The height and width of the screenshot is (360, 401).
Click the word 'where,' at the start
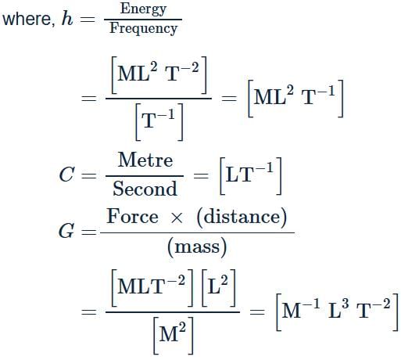tap(29, 19)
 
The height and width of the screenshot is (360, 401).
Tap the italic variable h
tap(67, 18)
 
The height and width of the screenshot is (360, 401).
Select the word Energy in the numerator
tap(143, 9)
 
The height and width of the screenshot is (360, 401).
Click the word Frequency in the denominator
tap(143, 28)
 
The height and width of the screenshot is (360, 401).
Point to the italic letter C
tap(66, 175)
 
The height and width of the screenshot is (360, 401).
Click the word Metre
tap(145, 160)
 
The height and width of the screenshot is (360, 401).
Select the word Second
tap(145, 189)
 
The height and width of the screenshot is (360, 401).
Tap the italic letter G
tap(66, 231)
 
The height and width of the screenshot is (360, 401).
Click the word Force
tap(133, 216)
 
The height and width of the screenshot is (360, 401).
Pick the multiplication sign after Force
tap(177, 218)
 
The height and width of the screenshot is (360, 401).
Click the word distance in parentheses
tap(242, 217)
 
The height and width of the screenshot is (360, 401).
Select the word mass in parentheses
tap(197, 247)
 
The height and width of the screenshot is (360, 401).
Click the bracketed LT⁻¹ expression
tap(251, 176)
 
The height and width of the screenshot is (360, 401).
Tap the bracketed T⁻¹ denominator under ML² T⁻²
tap(159, 122)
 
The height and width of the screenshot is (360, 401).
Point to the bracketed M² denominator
tap(173, 336)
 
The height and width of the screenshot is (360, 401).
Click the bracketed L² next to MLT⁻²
tap(219, 288)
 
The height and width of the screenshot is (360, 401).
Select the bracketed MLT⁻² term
tap(152, 288)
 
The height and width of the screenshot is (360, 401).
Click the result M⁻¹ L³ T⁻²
tap(338, 312)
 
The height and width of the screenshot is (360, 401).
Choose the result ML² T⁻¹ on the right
tap(295, 99)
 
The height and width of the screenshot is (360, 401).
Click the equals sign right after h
tap(88, 19)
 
